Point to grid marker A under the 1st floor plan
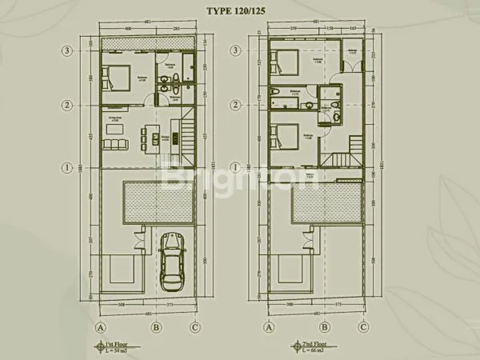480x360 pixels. coord(102,326)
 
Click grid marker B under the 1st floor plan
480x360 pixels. coord(158,326)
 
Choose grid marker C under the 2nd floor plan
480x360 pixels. coord(363,326)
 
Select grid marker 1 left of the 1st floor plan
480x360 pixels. coord(70,168)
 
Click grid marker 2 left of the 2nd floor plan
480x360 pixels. coord(236,104)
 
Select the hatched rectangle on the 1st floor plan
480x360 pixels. coord(158,202)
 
